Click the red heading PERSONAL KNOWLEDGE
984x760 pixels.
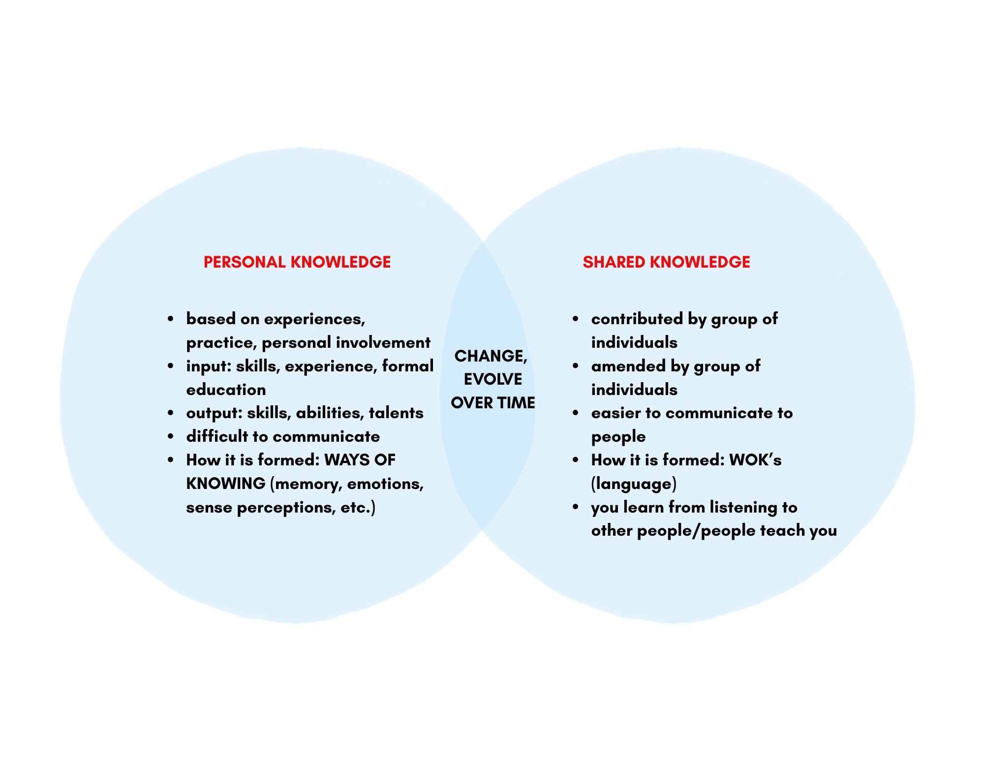(x=297, y=262)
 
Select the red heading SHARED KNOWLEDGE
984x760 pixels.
(x=666, y=262)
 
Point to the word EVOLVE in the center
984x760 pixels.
(x=493, y=379)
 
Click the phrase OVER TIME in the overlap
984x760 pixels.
(x=493, y=403)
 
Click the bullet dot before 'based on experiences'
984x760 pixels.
(x=170, y=319)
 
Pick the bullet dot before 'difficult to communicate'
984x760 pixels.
(x=170, y=436)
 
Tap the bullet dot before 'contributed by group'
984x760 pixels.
(x=575, y=319)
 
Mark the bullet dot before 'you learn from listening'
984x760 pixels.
(x=575, y=507)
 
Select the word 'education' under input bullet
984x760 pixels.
(x=226, y=390)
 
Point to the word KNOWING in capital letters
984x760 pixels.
(x=226, y=484)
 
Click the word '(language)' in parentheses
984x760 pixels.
(x=634, y=484)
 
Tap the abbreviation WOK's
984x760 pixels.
(x=755, y=460)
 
